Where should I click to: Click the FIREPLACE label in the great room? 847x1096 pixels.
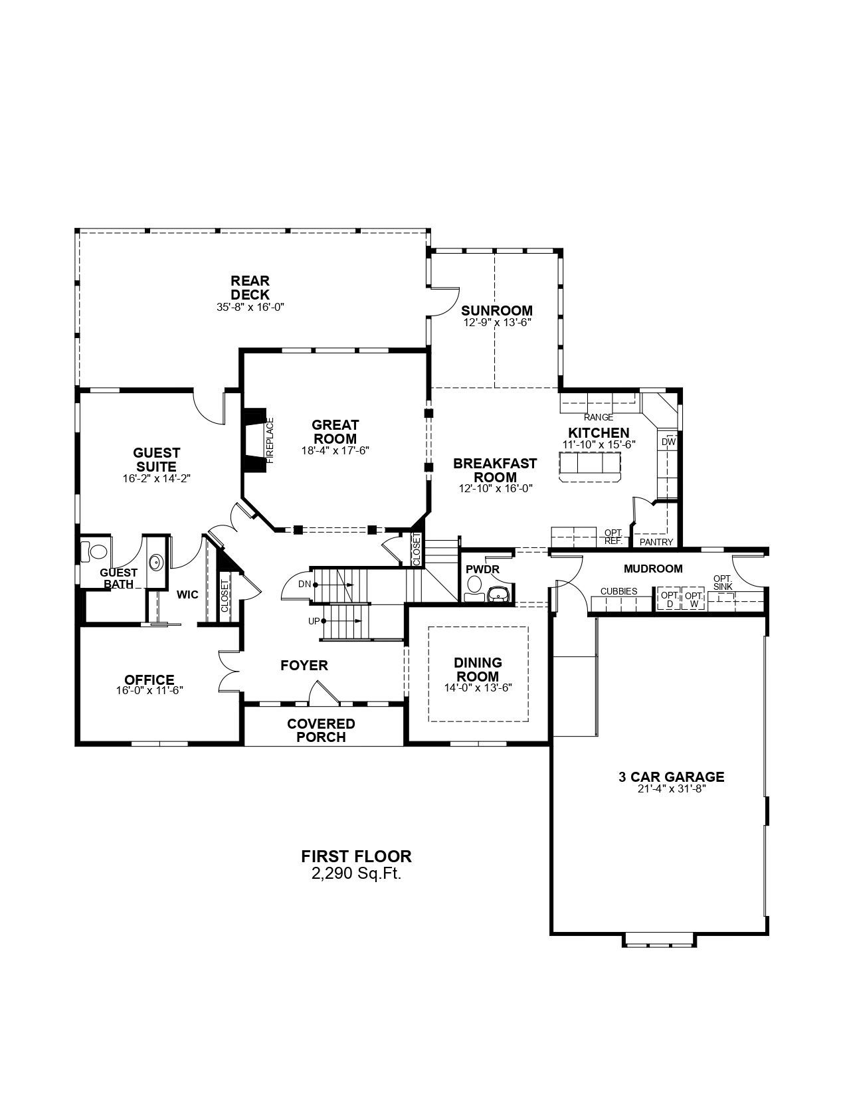click(x=270, y=440)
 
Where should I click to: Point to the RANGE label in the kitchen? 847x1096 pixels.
click(x=599, y=417)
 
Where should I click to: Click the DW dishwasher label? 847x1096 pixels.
click(x=668, y=442)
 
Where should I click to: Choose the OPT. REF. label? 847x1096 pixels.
click(x=613, y=537)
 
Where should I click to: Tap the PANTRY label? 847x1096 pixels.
click(x=656, y=542)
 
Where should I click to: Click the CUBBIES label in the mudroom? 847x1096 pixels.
click(x=618, y=591)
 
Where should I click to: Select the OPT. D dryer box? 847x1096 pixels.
click(x=670, y=599)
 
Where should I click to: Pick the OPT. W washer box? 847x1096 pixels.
click(x=694, y=599)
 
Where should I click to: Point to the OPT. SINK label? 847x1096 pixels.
click(x=723, y=583)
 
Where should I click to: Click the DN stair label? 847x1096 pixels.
click(x=305, y=584)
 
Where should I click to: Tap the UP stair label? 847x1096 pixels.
click(x=314, y=621)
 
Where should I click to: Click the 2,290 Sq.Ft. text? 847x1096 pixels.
click(x=356, y=874)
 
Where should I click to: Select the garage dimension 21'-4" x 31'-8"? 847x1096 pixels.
click(x=671, y=789)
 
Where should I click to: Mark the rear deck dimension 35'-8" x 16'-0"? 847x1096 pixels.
click(x=250, y=307)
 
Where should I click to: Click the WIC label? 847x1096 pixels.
click(x=187, y=594)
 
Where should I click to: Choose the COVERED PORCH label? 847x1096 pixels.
click(x=321, y=730)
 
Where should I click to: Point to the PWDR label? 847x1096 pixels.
click(x=482, y=569)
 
